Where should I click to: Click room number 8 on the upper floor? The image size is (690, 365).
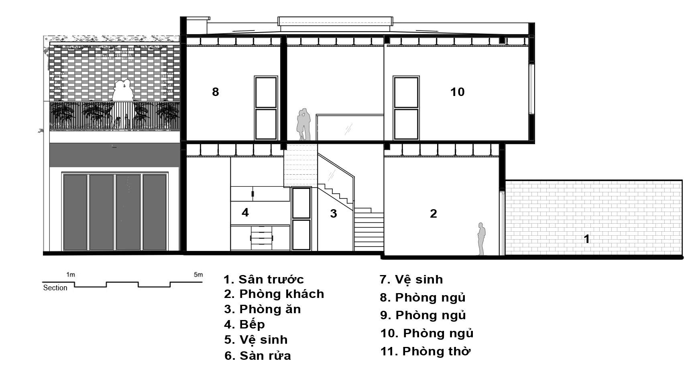coord(216,92)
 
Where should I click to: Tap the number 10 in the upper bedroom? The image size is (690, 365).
coord(457,92)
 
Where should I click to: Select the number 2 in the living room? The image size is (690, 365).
coord(434,214)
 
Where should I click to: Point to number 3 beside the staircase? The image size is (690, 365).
coord(334,214)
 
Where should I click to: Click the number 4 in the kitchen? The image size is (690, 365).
coord(245,212)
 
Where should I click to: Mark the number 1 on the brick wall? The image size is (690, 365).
coord(586,239)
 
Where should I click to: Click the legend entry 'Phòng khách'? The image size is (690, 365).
coord(274,294)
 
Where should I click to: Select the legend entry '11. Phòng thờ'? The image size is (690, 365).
coord(425,351)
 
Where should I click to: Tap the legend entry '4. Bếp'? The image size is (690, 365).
coord(244,324)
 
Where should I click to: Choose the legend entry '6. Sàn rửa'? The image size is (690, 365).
coord(258,356)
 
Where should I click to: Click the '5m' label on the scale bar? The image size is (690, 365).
coord(198,275)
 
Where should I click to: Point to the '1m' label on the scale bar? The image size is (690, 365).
coord(71,275)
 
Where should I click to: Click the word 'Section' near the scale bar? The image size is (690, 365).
coord(55,288)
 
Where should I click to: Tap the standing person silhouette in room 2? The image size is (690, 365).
coord(481,239)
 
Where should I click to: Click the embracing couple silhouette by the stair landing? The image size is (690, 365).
coord(304,124)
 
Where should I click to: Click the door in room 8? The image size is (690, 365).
coord(266,108)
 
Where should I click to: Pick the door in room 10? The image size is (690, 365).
coord(406,108)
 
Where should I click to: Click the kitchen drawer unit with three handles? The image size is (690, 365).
coord(261,238)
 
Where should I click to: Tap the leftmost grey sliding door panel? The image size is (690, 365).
coord(75,212)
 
